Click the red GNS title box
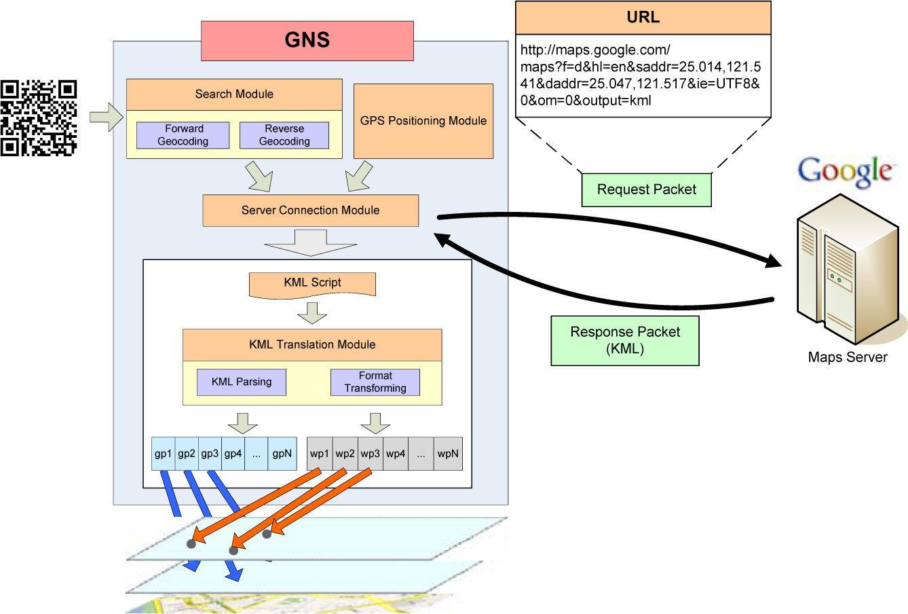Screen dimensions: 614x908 click(x=307, y=40)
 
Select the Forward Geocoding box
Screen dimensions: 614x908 click(x=183, y=135)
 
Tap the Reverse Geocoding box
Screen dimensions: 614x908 click(x=284, y=135)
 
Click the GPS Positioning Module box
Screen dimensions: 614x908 click(x=423, y=121)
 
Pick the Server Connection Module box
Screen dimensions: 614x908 click(x=310, y=211)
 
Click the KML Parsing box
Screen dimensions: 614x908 click(x=241, y=382)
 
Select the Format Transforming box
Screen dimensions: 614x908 click(x=375, y=382)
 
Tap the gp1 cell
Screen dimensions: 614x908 click(x=163, y=454)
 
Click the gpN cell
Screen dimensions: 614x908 click(x=282, y=454)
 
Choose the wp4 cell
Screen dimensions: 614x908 click(x=396, y=454)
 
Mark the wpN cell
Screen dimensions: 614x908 click(x=448, y=454)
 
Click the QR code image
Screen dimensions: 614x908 click(x=39, y=118)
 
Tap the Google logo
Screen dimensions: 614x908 click(x=844, y=171)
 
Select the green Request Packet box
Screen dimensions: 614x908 click(x=646, y=189)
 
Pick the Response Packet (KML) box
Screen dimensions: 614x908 click(x=624, y=340)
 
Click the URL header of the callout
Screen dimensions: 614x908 click(x=643, y=18)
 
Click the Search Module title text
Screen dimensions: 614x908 click(x=234, y=94)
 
